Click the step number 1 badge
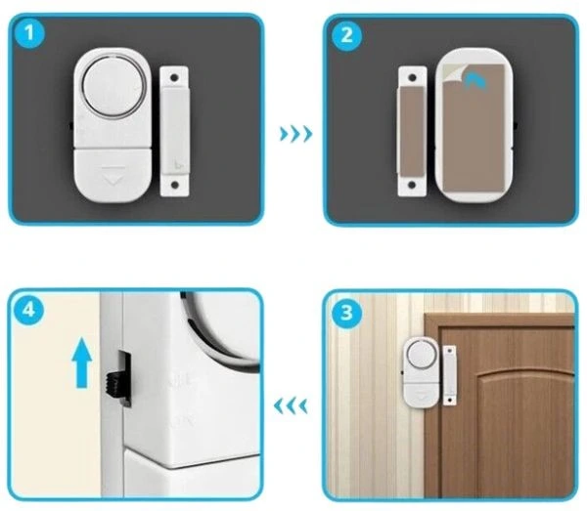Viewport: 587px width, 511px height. [29, 33]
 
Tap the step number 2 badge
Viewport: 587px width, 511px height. [347, 35]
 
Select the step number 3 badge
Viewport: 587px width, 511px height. [346, 313]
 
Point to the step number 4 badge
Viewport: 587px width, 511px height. [28, 310]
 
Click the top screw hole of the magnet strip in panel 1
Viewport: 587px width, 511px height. [174, 78]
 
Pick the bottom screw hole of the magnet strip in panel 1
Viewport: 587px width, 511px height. [174, 185]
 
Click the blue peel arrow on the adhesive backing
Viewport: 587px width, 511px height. [474, 81]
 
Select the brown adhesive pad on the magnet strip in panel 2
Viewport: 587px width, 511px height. [412, 131]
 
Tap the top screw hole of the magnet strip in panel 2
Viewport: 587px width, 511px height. [412, 78]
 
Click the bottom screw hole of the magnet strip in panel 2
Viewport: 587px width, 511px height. [412, 185]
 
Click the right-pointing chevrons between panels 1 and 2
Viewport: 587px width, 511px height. [295, 134]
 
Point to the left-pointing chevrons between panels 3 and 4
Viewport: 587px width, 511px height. [291, 406]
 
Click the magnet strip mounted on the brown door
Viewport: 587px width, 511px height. [450, 375]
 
